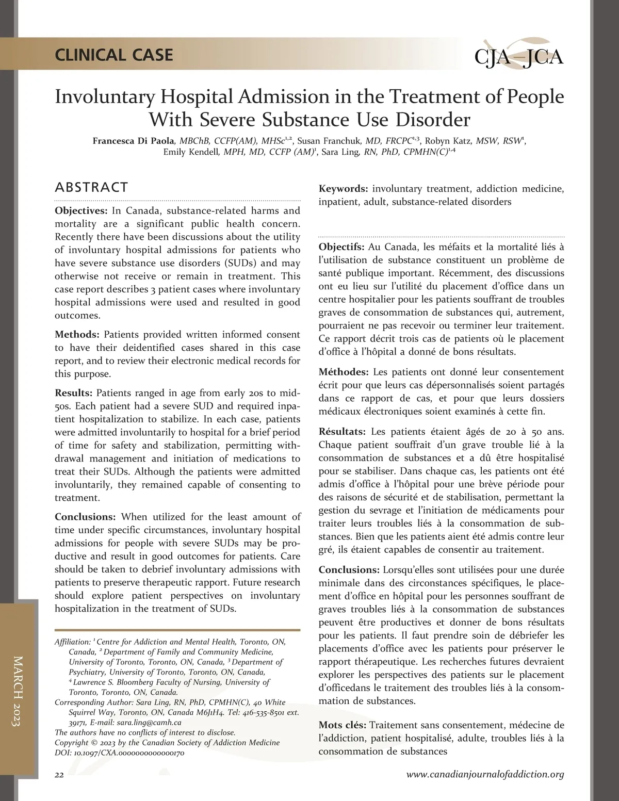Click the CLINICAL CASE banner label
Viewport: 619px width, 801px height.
[x=114, y=55]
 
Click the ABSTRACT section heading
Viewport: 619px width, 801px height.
[x=91, y=187]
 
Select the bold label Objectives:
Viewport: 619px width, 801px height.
[x=80, y=210]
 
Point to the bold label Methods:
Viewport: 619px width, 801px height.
[x=77, y=334]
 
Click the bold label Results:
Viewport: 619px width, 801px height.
[x=73, y=393]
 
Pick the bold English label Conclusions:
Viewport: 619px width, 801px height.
[x=85, y=517]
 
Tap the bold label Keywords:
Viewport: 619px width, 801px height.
[x=343, y=189]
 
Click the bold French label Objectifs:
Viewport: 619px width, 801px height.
[x=341, y=247]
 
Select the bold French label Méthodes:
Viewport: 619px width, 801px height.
[x=343, y=372]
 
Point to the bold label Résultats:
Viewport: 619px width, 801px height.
[x=342, y=432]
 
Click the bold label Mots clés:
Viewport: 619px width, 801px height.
[x=342, y=725]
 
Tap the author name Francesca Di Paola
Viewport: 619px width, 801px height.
[x=134, y=141]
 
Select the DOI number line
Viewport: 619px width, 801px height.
[x=119, y=753]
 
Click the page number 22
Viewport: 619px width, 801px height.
[x=59, y=775]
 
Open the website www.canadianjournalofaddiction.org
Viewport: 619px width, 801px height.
[x=485, y=774]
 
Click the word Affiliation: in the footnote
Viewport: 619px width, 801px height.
[x=72, y=642]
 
